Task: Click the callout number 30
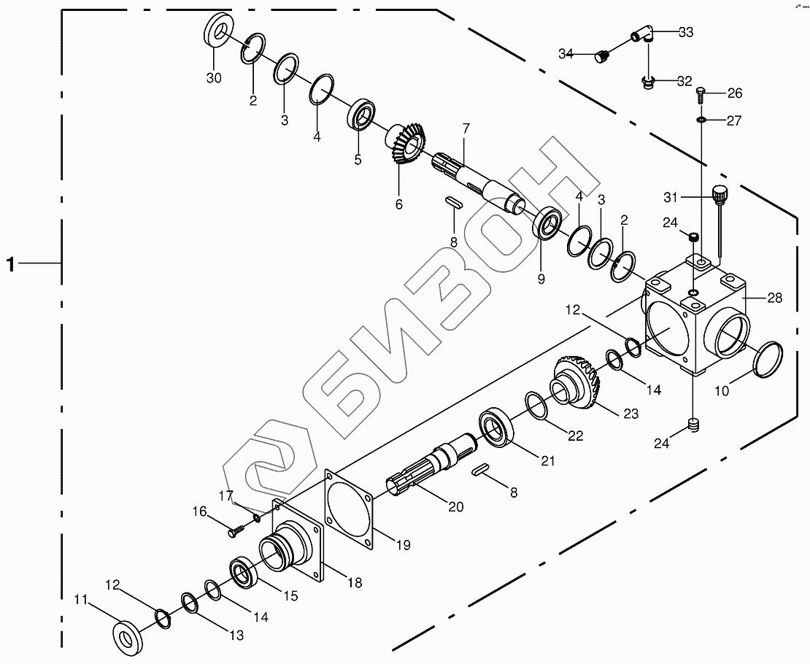coord(214,78)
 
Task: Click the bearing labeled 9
coord(547,224)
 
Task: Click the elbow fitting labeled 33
coord(642,34)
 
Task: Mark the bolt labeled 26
coord(701,93)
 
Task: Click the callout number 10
coord(721,390)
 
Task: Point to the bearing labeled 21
coord(498,428)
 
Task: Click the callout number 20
coord(455,506)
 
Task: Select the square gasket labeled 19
coord(349,506)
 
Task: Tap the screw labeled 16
coord(235,532)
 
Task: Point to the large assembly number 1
coord(10,264)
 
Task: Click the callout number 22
coord(575,436)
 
